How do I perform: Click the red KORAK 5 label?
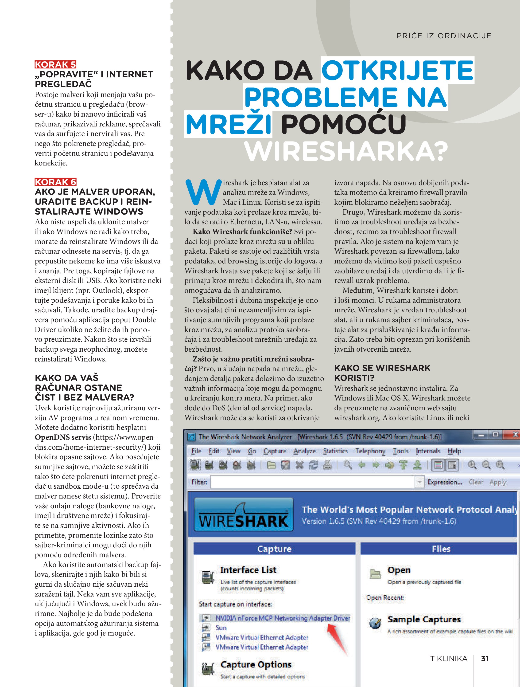click(x=55, y=64)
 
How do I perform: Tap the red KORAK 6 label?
click(x=55, y=182)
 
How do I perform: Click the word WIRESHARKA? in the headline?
click(x=346, y=152)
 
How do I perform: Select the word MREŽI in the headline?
click(x=229, y=125)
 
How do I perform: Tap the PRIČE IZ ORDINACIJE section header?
click(x=444, y=36)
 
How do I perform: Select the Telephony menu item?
click(x=370, y=451)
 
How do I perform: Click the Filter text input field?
click(x=312, y=482)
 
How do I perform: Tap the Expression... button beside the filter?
click(x=445, y=482)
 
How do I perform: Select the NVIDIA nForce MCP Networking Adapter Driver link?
click(x=283, y=618)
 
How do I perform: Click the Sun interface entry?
click(x=221, y=628)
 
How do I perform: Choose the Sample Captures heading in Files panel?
click(x=423, y=619)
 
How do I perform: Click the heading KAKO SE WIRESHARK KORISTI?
click(x=382, y=373)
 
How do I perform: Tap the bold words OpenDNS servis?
click(x=63, y=437)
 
